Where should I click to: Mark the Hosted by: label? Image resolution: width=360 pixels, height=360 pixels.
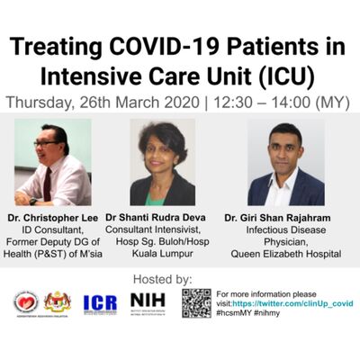180,279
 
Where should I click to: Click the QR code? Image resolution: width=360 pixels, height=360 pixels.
196,303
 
